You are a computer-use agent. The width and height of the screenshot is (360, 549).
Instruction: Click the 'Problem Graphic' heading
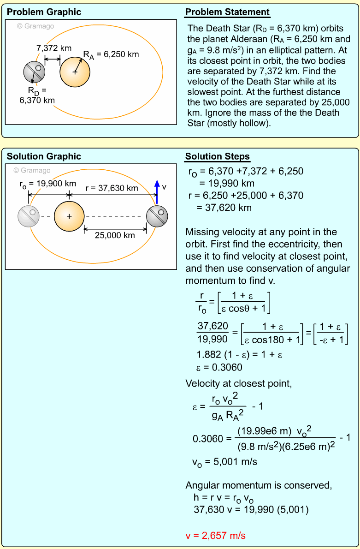44,12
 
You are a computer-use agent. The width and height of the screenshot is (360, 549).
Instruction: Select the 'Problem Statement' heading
227,12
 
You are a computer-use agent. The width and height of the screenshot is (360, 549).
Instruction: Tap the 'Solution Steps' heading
217,156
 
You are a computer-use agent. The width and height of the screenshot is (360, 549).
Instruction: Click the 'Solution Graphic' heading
44,156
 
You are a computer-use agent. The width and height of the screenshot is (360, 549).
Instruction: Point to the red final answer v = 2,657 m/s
215,536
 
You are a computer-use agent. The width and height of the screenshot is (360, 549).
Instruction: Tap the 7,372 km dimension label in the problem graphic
53,48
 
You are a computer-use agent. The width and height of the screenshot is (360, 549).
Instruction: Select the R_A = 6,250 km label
111,54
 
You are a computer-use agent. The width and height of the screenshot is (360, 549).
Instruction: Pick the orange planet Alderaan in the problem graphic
75,72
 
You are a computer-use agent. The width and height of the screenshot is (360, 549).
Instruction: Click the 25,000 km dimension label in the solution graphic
115,235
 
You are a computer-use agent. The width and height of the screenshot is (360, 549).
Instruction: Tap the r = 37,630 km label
112,188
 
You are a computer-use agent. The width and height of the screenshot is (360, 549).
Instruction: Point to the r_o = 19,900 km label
47,184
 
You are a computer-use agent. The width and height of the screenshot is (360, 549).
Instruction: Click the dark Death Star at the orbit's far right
157,216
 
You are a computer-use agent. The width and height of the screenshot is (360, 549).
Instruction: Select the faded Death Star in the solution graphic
29,216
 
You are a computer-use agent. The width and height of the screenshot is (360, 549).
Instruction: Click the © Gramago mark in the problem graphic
35,26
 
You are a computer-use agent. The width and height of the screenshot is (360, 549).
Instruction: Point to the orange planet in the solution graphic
69,216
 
